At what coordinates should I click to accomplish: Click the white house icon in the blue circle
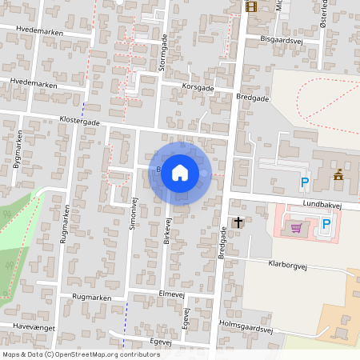point(180,172)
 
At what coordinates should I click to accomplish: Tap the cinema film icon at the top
point(252,7)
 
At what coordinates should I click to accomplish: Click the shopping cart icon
point(296,228)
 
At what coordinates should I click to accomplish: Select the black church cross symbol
point(238,222)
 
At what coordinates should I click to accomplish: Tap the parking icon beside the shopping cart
point(326,224)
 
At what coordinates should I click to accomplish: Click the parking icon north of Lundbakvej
point(304,183)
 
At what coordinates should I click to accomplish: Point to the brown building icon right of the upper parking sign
point(338,174)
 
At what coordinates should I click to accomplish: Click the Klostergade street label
point(79,122)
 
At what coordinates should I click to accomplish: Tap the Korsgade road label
point(198,86)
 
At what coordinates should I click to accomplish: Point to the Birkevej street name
point(168,232)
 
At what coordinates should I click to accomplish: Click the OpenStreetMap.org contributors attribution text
point(108,354)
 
